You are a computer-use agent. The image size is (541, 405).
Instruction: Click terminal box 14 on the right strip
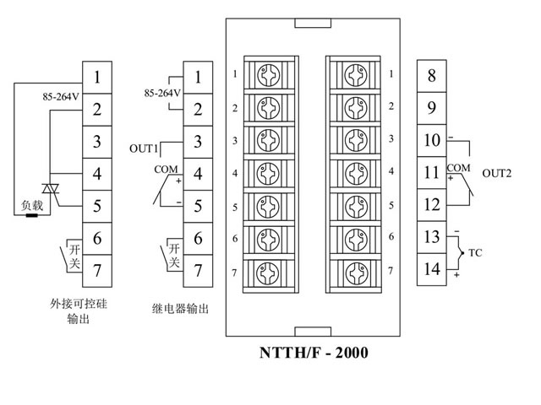coord(431,270)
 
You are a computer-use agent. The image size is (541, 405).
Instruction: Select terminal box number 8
coord(431,77)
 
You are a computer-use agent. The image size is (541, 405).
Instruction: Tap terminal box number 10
coord(431,141)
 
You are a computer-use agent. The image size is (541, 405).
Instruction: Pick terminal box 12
coord(431,205)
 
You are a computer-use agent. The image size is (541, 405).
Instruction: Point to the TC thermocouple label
coord(475,253)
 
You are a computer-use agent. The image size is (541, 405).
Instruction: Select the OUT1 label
coord(144,148)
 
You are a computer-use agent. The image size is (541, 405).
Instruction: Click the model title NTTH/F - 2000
coord(313,353)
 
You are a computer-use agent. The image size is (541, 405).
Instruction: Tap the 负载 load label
coord(31,205)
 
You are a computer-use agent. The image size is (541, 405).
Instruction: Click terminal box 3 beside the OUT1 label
coord(197,141)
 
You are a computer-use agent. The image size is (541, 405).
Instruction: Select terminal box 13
coord(431,238)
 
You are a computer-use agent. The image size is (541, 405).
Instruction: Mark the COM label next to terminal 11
coord(458,167)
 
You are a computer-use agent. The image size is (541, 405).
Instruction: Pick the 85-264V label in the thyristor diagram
coord(61,96)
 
